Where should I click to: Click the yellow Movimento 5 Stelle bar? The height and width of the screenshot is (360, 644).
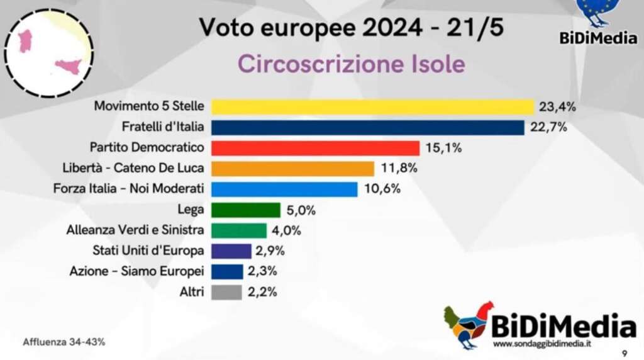tap(372, 107)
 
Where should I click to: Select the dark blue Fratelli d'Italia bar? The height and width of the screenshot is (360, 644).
tap(367, 128)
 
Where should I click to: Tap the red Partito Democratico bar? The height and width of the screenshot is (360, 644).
tap(315, 148)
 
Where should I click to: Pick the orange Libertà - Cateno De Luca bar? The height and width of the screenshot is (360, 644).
tap(292, 169)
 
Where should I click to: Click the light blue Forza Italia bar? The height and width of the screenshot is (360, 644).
tap(284, 189)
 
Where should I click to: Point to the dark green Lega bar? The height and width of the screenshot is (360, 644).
tap(245, 210)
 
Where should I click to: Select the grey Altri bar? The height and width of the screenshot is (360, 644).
tap(226, 292)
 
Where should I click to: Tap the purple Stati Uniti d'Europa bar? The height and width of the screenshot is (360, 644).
tap(231, 251)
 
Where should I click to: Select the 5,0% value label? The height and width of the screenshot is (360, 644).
tap(302, 210)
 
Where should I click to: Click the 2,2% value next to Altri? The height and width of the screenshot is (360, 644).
tap(263, 292)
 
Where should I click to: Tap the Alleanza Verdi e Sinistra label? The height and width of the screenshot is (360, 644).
tap(135, 230)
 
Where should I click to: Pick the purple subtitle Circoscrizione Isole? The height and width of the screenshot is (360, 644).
tap(352, 64)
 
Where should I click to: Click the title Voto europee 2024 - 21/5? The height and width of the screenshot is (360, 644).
tap(351, 28)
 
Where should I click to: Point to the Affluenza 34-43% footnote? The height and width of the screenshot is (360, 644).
tap(64, 342)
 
